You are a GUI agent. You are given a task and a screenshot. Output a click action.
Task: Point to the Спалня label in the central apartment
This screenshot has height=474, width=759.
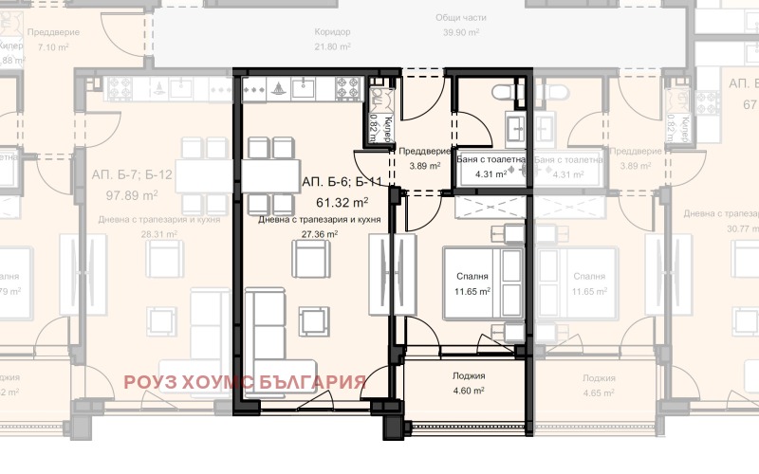pos(472,276)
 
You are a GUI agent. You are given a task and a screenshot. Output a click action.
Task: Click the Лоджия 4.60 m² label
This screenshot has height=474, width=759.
pos(467,375)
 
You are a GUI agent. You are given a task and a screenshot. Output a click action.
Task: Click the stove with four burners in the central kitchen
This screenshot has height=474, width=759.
pos(346,90)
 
